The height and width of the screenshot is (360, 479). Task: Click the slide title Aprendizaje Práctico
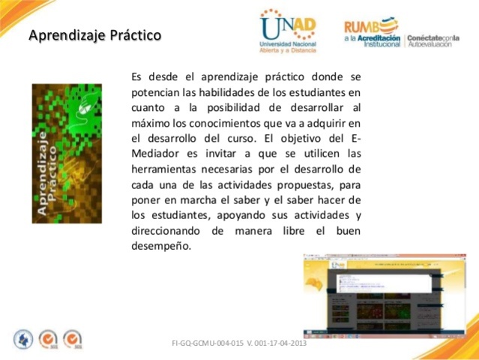[x=94, y=35]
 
